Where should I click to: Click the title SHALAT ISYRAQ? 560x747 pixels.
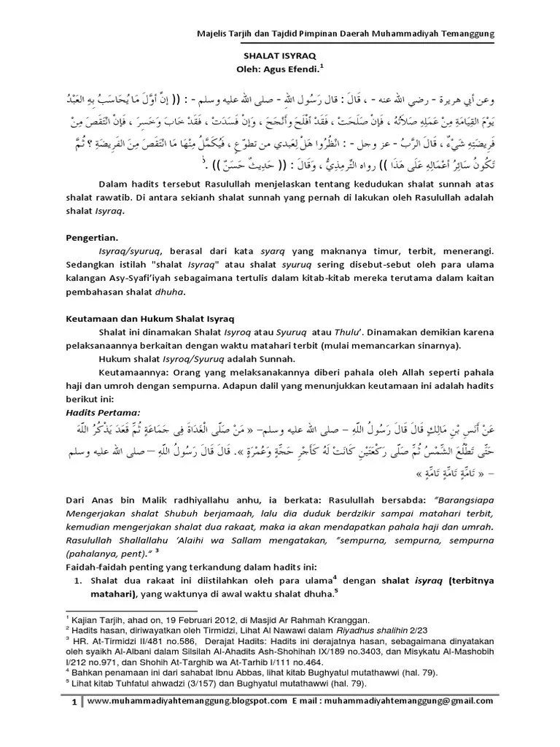(279, 55)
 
